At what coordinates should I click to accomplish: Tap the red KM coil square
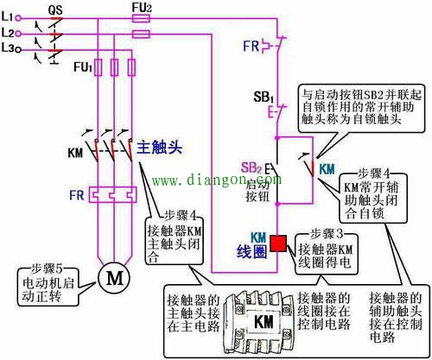(x=279, y=243)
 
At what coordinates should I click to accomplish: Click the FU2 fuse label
(x=142, y=8)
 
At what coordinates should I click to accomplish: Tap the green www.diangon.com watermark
(x=216, y=181)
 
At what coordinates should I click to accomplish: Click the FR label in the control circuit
(x=249, y=42)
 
